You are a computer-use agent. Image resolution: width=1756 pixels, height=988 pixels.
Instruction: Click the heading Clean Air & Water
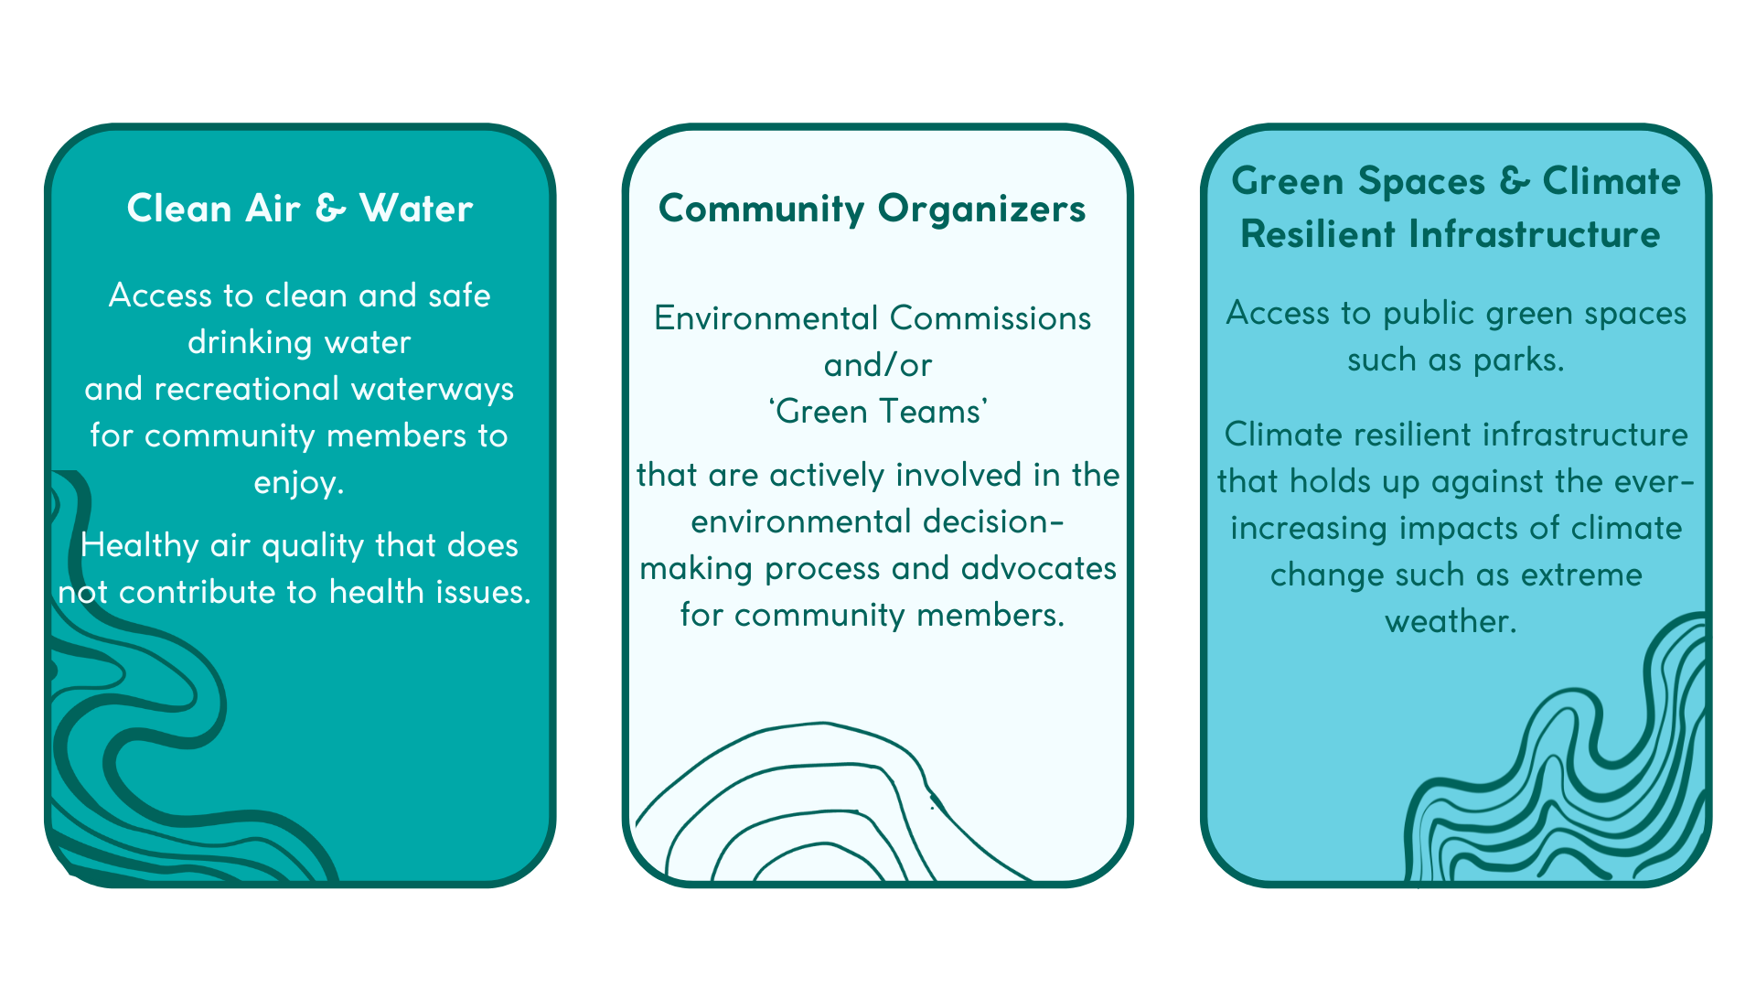click(x=300, y=209)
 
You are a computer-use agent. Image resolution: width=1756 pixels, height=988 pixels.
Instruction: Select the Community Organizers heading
click(x=873, y=209)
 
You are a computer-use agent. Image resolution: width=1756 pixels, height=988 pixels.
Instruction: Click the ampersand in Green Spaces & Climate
click(x=1515, y=181)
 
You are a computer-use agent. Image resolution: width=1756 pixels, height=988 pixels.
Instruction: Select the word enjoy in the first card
click(x=294, y=484)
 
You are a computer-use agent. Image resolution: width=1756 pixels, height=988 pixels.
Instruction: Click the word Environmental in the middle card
click(x=766, y=318)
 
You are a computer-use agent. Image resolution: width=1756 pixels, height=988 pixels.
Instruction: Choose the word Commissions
click(x=990, y=318)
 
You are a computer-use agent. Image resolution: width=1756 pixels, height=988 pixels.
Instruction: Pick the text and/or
click(x=878, y=365)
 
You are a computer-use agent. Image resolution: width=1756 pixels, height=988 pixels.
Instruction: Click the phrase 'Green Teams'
click(x=878, y=412)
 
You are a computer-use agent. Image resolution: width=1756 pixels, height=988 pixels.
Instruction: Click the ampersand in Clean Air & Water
click(x=331, y=209)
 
